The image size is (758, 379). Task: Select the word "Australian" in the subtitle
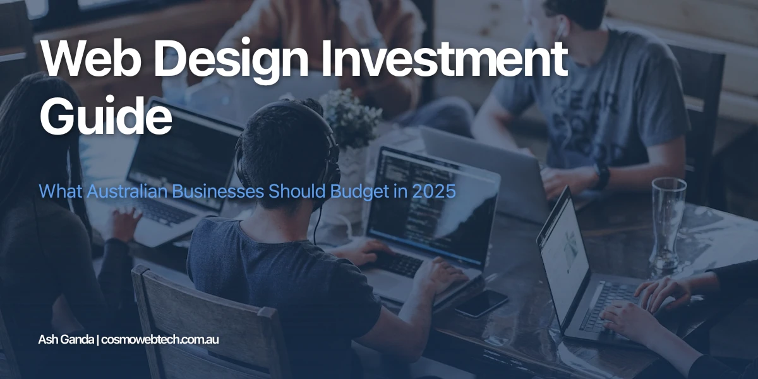tap(123, 191)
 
